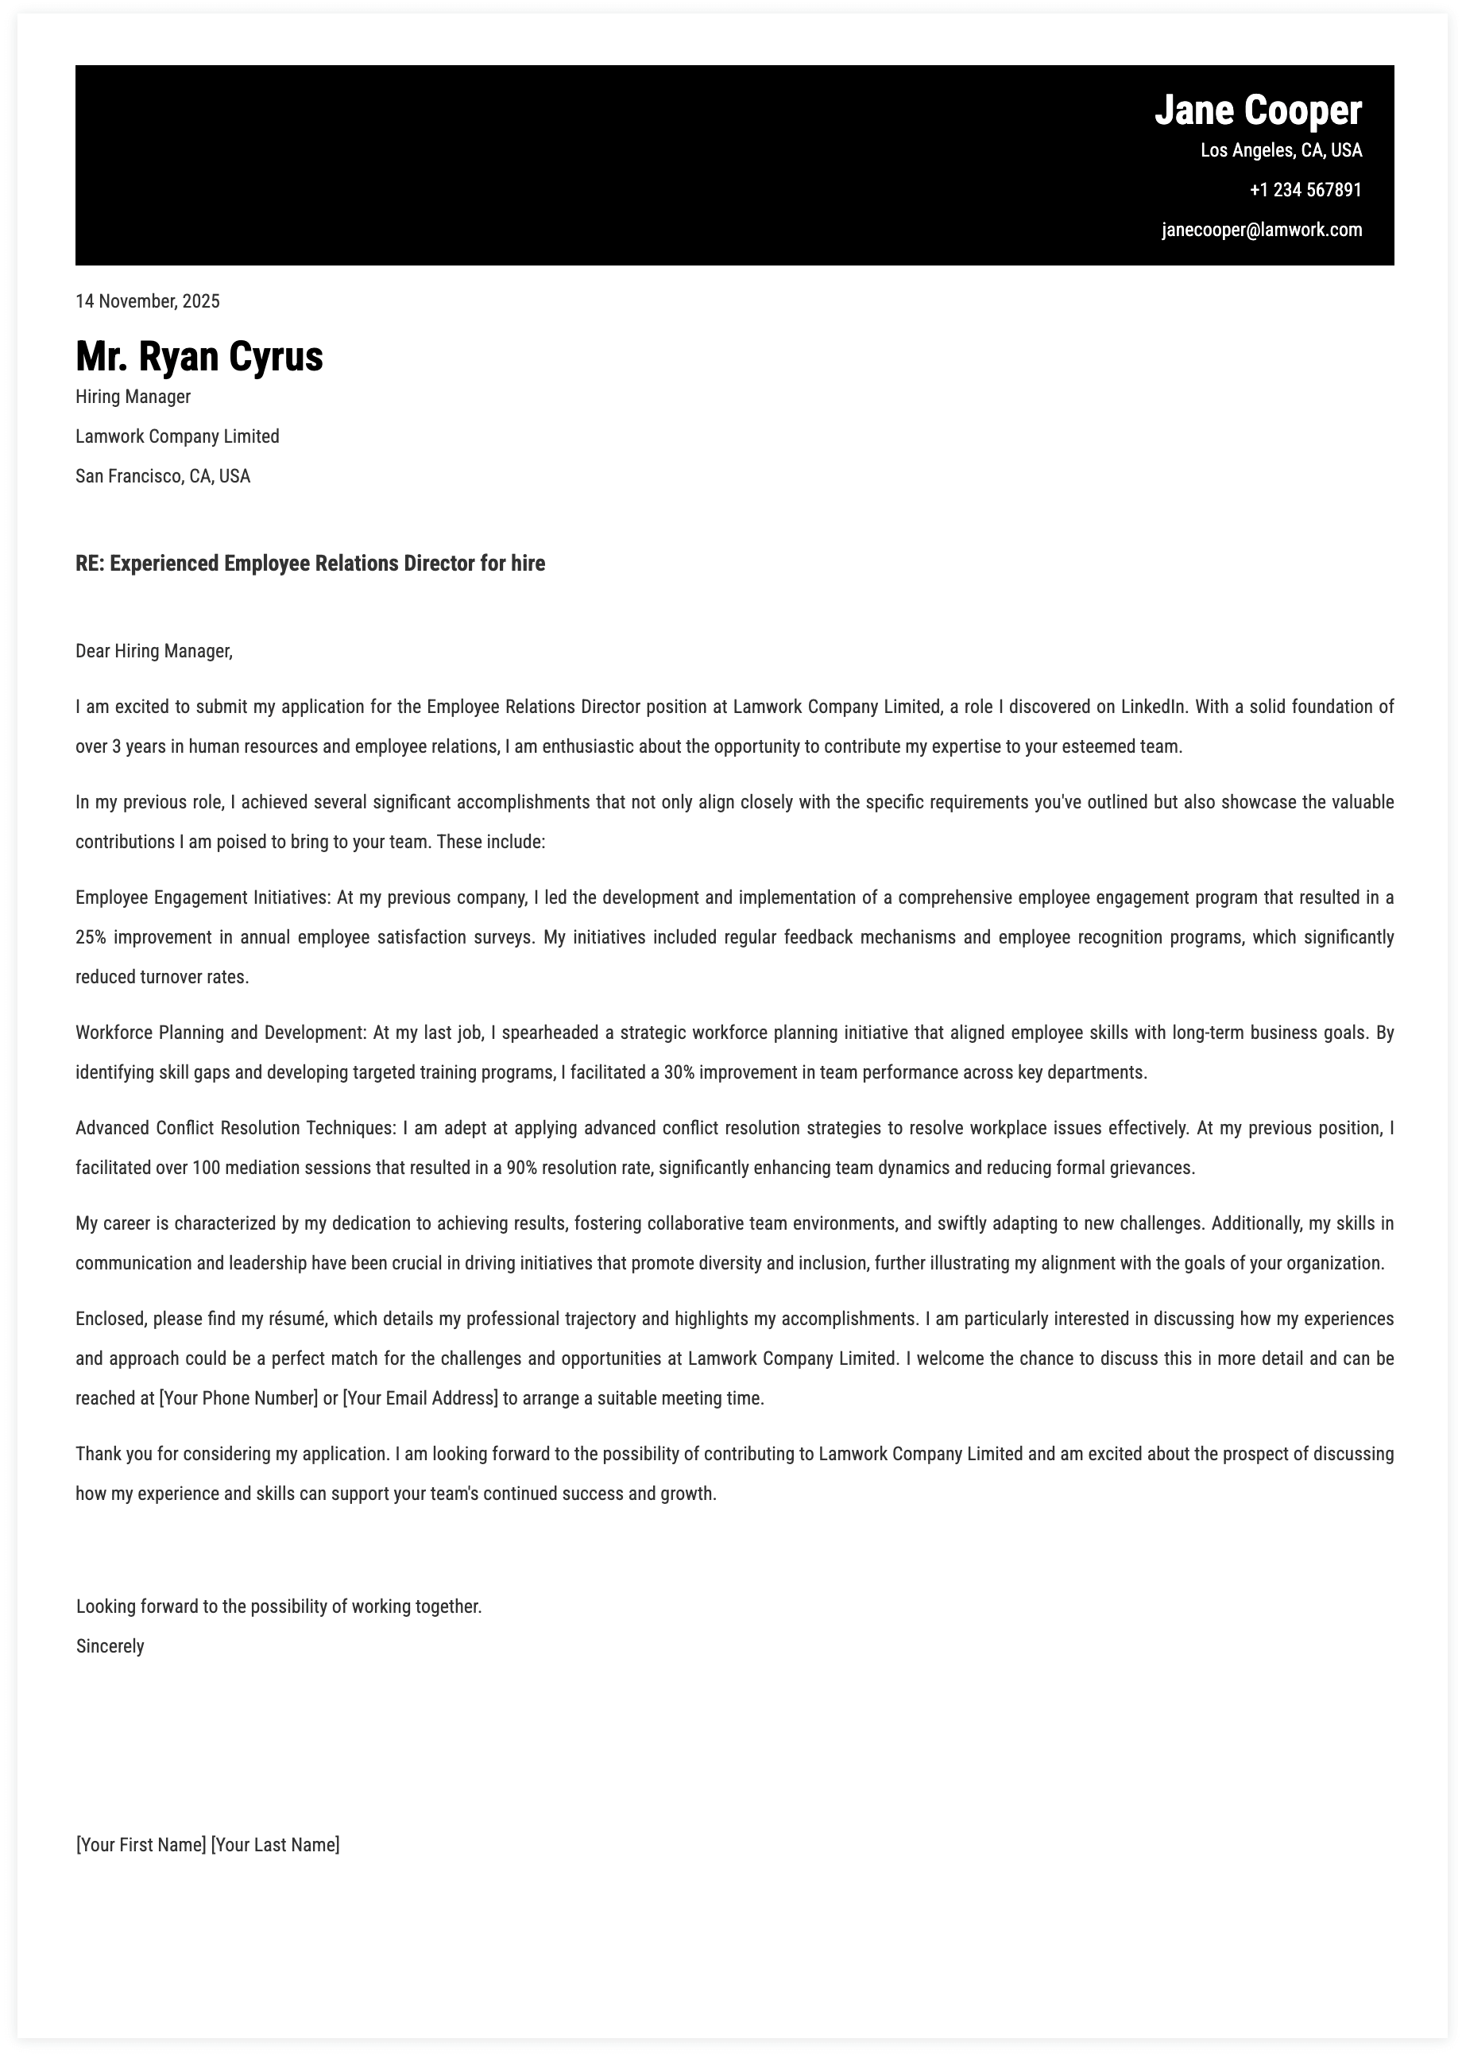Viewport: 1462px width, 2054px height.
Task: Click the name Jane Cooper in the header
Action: [x=1258, y=110]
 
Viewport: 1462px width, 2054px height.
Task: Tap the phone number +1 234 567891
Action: [x=1305, y=190]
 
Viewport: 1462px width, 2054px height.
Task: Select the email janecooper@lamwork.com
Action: [x=1261, y=230]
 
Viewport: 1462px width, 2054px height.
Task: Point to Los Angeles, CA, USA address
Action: [x=1280, y=150]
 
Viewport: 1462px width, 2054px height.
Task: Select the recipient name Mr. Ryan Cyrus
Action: [x=199, y=357]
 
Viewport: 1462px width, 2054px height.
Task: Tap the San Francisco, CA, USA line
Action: [x=163, y=476]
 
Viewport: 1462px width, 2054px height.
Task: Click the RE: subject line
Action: [x=310, y=564]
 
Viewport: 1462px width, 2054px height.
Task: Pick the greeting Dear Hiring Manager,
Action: [x=154, y=651]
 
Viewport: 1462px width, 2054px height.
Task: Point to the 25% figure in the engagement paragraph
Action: [x=91, y=937]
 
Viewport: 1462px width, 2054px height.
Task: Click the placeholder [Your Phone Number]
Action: [x=238, y=1398]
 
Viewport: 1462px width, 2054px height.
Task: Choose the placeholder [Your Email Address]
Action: [x=420, y=1398]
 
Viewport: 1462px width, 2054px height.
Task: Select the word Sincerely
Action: [x=110, y=1647]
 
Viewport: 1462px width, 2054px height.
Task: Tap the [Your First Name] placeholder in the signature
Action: [x=141, y=1845]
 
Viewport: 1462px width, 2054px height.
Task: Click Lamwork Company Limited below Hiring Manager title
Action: [x=177, y=436]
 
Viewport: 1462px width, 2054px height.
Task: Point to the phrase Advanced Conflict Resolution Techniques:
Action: [x=235, y=1128]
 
